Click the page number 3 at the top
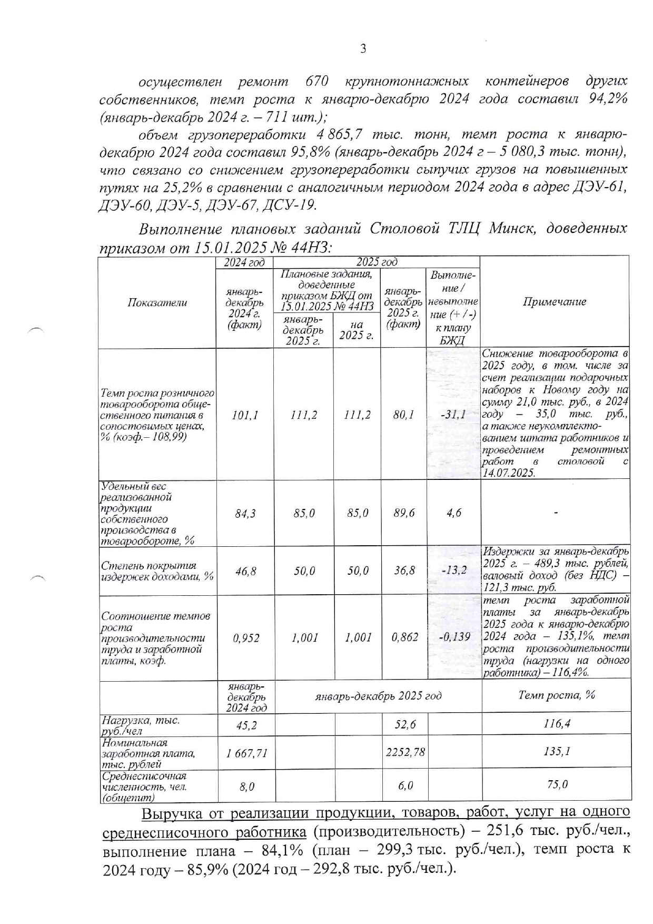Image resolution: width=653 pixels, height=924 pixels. click(x=362, y=49)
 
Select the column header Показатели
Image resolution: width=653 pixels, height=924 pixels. click(x=157, y=302)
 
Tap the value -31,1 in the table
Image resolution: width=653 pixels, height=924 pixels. click(x=452, y=415)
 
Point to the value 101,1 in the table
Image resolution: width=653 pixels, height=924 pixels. click(x=245, y=415)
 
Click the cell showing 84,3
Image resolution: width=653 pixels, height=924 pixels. click(x=245, y=513)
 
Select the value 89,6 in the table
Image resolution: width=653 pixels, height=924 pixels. click(x=404, y=513)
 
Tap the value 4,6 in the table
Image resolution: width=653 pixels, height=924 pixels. click(x=453, y=513)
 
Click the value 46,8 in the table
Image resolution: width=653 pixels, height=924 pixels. click(x=245, y=571)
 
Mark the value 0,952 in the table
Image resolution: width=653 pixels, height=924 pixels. click(x=245, y=637)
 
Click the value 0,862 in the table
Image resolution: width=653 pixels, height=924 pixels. click(x=404, y=637)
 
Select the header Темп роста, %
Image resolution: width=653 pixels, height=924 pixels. click(x=556, y=695)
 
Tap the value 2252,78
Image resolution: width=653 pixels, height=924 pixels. click(x=405, y=752)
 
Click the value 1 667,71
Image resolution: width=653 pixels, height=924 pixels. click(x=246, y=753)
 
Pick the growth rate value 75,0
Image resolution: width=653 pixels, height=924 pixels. click(x=557, y=784)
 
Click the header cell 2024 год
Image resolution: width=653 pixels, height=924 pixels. click(x=244, y=262)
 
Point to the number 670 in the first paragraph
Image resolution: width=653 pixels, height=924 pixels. click(x=317, y=82)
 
